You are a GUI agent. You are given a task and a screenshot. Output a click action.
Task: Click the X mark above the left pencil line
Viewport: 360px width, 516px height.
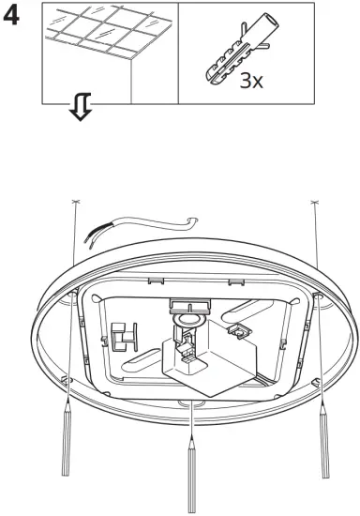pos(75,204)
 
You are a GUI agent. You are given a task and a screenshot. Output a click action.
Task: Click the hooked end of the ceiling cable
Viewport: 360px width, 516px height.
pos(194,221)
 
